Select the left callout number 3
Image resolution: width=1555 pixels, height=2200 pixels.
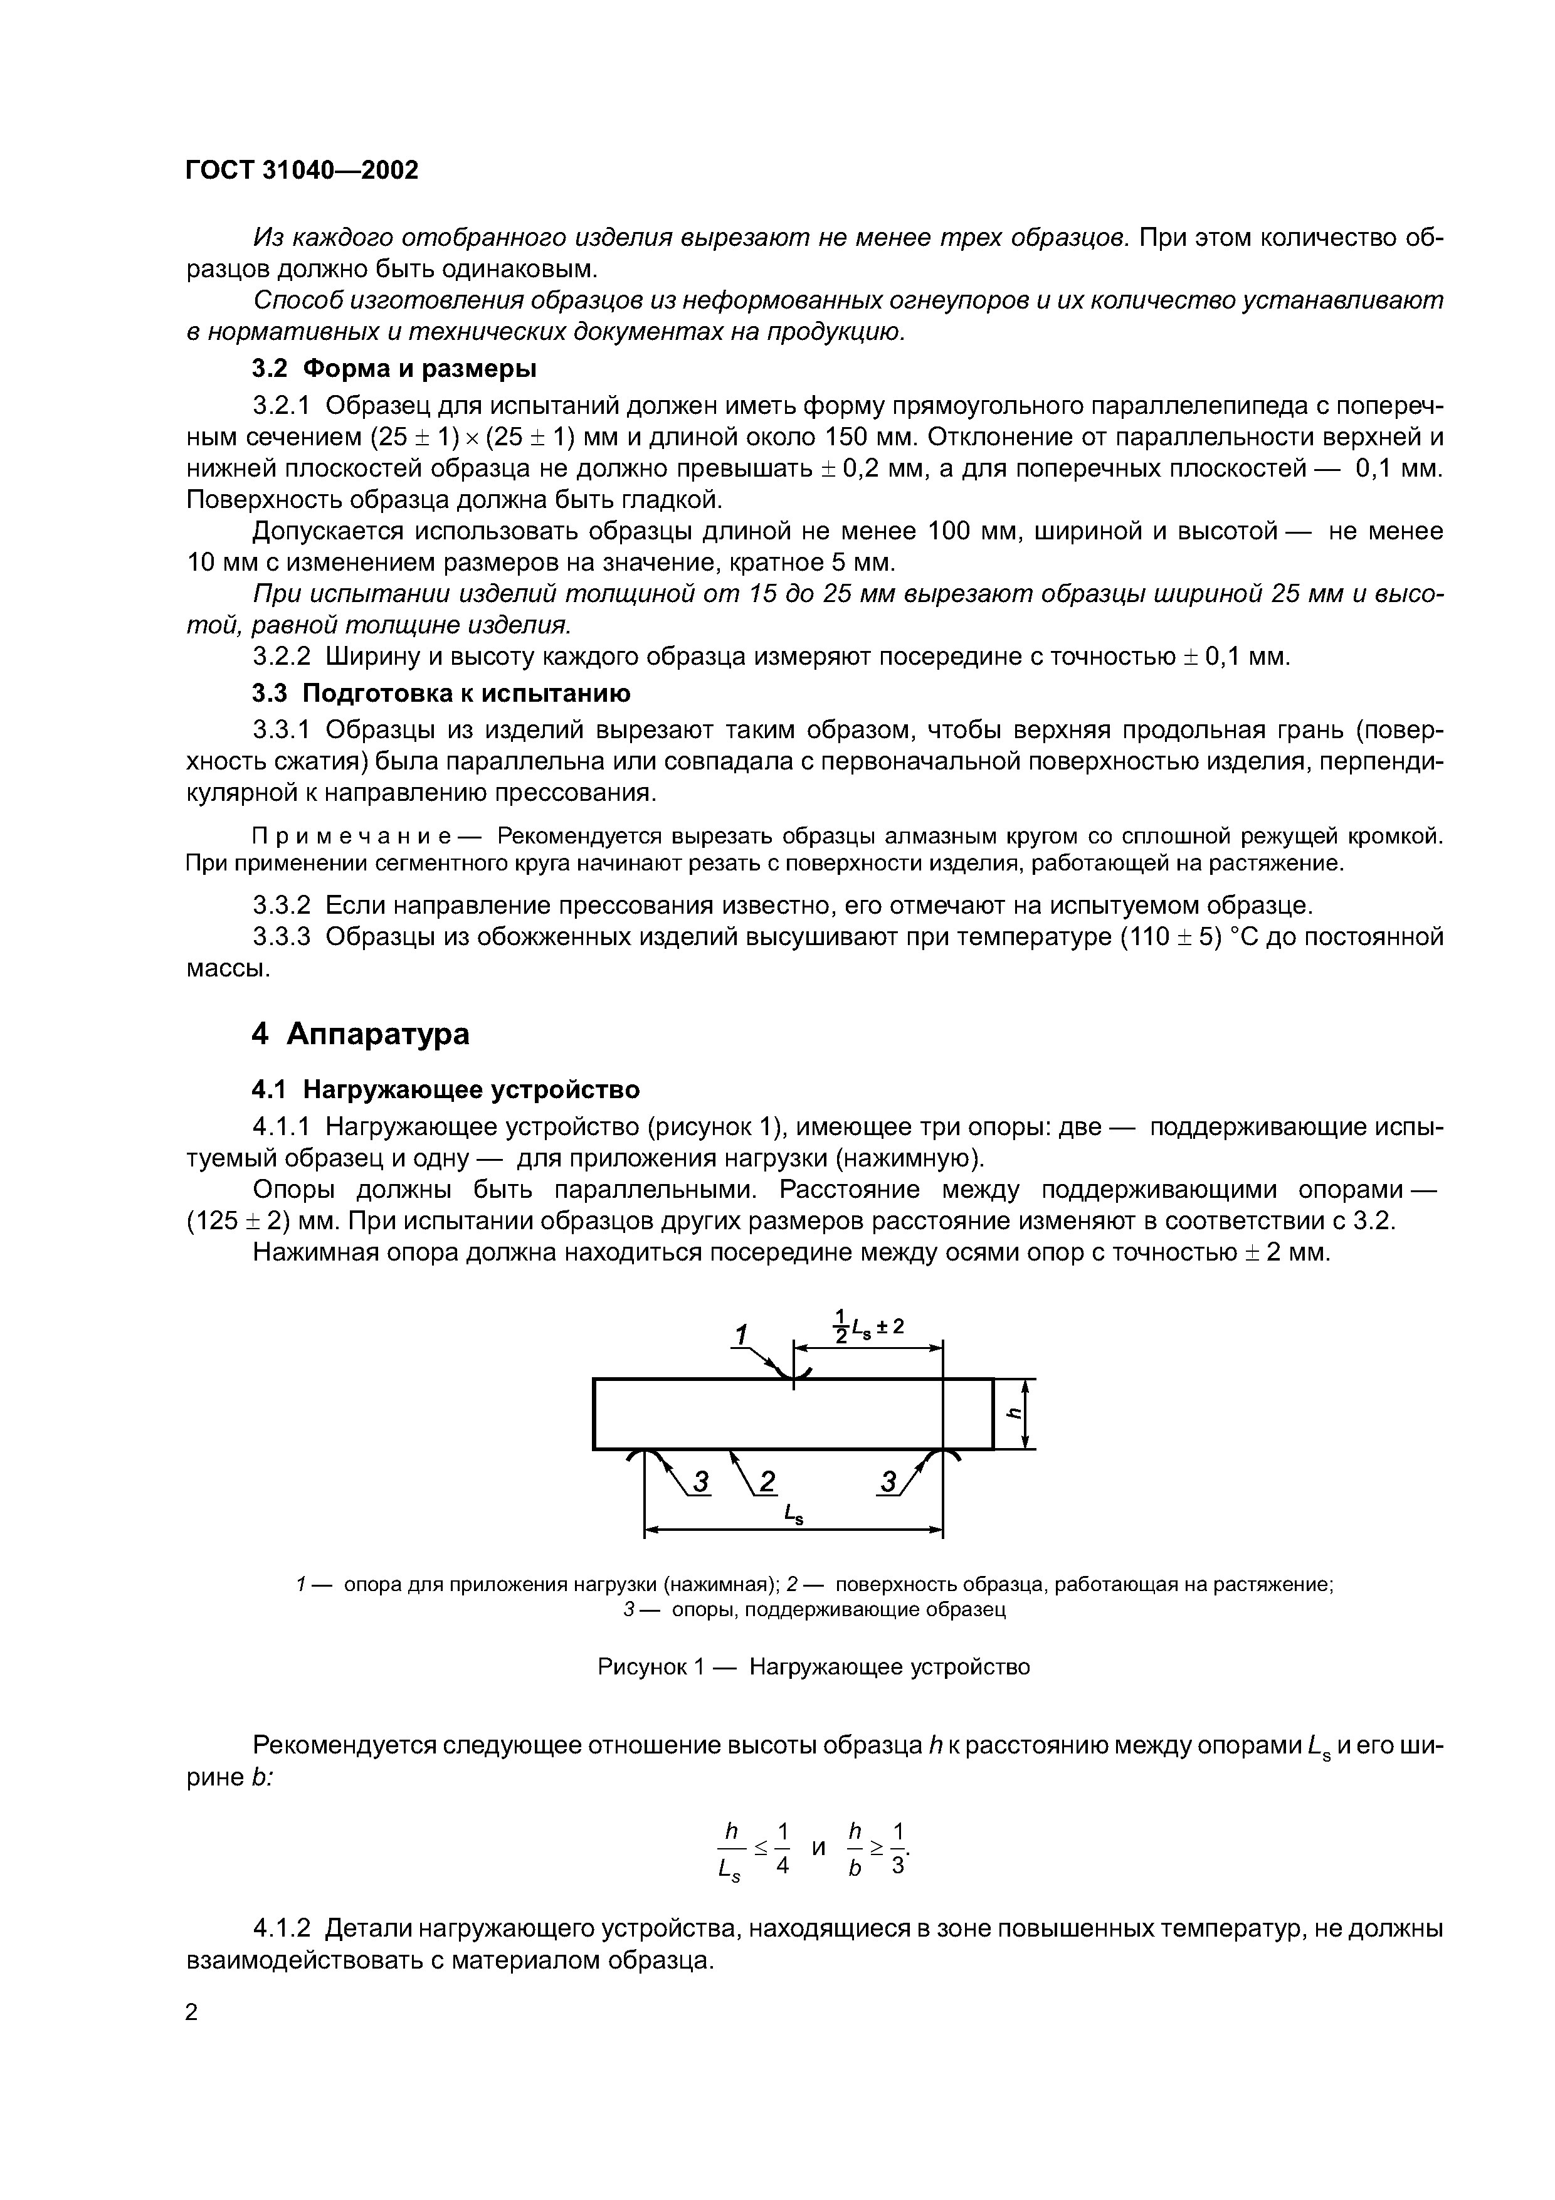702,1483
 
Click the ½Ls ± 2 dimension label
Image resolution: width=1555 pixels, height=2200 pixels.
868,1326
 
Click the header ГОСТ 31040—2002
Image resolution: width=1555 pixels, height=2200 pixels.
302,171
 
